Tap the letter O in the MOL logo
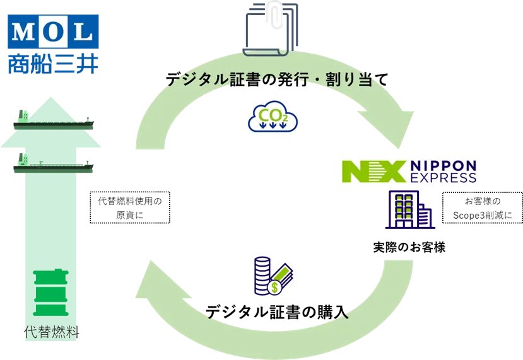coord(52,30)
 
